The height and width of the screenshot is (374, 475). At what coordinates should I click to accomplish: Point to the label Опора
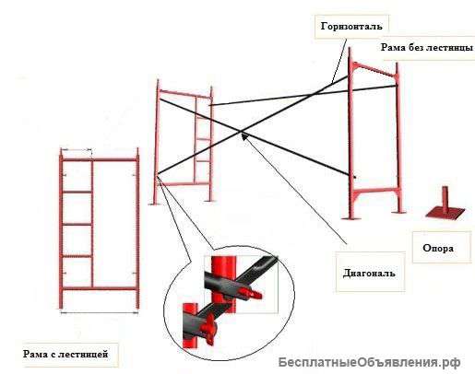(x=437, y=247)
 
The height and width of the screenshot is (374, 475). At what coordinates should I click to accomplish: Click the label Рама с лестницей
(x=66, y=353)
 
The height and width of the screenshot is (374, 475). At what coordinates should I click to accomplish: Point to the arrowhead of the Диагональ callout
(x=243, y=135)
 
